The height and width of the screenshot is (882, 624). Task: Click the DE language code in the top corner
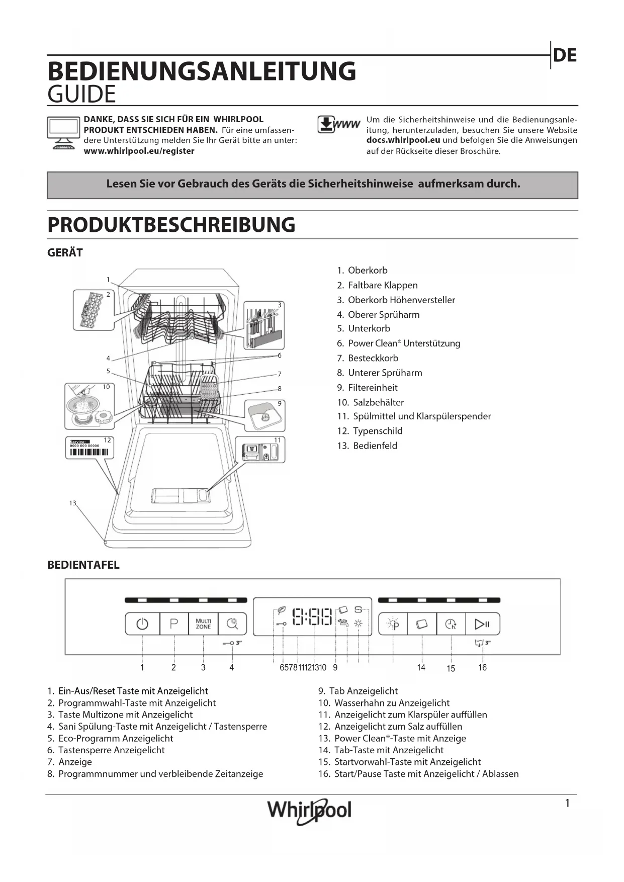tap(565, 55)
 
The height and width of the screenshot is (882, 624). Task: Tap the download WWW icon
tap(338, 124)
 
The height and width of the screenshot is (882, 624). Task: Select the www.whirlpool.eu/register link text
tap(139, 151)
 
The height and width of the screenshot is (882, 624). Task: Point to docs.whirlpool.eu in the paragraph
tap(403, 140)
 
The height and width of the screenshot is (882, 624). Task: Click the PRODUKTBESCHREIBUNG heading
tap(171, 225)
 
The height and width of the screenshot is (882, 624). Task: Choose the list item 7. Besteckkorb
tap(368, 358)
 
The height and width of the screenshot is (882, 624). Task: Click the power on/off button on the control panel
tap(142, 624)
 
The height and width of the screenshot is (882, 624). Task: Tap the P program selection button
tap(174, 624)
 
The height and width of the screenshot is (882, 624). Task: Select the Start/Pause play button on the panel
tap(482, 624)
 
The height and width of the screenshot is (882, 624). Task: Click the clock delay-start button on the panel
tap(451, 624)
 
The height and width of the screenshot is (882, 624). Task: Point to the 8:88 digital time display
tap(312, 616)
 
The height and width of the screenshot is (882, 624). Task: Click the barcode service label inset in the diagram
tap(90, 448)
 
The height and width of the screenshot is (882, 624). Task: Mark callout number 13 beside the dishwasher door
tap(73, 503)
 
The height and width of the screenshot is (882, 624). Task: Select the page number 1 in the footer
tap(567, 803)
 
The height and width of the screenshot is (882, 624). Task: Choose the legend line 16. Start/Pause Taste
tap(418, 774)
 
